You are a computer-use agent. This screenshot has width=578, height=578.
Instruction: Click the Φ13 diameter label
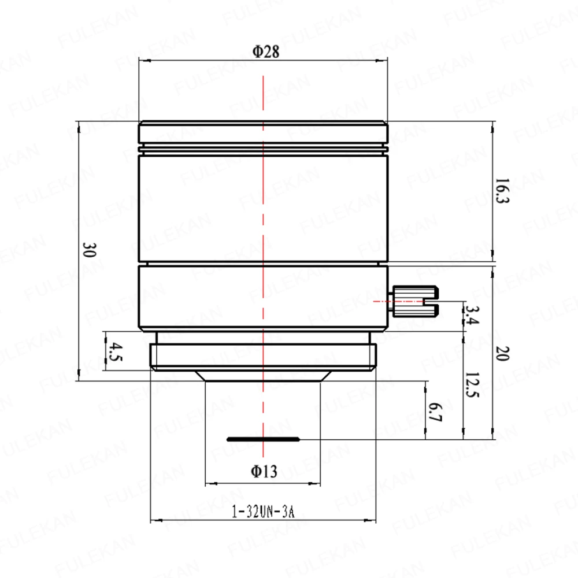coord(264,472)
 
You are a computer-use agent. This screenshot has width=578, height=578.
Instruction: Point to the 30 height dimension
coord(90,250)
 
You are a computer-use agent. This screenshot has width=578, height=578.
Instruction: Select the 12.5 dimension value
coord(473,385)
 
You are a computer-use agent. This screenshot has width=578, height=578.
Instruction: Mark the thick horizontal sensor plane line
coord(264,439)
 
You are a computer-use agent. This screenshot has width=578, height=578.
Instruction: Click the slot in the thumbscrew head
coord(431,302)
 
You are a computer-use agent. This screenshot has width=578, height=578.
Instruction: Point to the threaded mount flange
coord(264,357)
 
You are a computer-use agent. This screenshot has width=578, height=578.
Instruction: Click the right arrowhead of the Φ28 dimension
coord(383,61)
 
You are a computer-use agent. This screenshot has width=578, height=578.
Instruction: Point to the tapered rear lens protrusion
coord(264,376)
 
